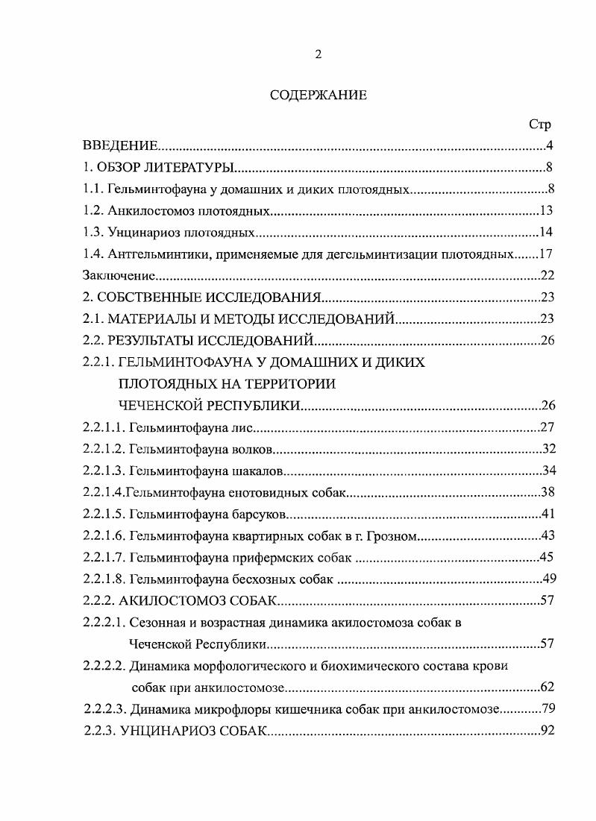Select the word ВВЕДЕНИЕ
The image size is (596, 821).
(x=119, y=145)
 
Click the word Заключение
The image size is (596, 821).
(x=113, y=275)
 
